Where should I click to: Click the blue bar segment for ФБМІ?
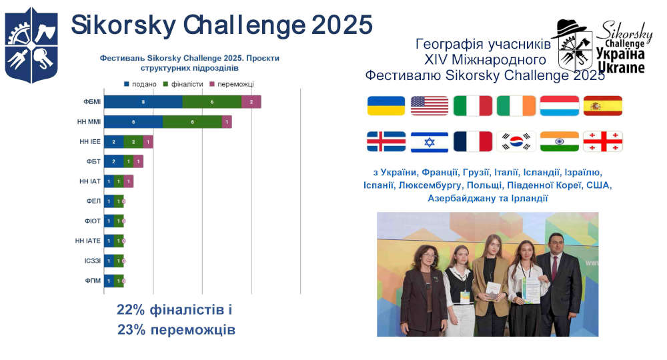tap(143, 101)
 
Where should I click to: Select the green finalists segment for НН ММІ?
tap(192, 122)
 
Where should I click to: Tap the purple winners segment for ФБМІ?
tap(251, 101)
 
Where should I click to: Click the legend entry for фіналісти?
tap(187, 84)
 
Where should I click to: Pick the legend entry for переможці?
tap(231, 84)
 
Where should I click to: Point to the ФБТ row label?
tap(93, 161)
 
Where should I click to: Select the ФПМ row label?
tap(92, 281)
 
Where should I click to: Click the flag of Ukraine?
tap(386, 106)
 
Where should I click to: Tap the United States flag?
tap(430, 106)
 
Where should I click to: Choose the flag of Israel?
tap(430, 141)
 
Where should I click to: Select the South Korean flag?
tap(516, 141)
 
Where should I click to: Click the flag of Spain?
tap(602, 106)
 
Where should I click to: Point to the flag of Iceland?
tap(386, 141)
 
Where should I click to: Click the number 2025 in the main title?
tap(340, 25)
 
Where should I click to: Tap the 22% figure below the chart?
tap(131, 310)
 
